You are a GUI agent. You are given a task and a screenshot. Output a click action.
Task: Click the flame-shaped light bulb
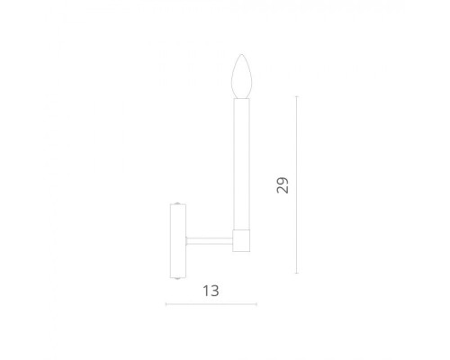point(241,76)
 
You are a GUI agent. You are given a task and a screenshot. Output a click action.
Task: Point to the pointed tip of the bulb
point(241,54)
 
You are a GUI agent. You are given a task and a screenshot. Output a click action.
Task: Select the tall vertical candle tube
point(242,164)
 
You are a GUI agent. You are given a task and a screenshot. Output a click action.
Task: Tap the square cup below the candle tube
point(241,240)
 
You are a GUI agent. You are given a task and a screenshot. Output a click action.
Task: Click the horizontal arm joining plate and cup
point(210,240)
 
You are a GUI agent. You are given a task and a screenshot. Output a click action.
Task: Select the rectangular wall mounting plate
point(178,241)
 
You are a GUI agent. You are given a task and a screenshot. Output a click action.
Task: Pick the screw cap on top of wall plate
point(178,203)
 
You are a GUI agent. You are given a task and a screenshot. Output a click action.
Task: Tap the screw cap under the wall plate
point(178,279)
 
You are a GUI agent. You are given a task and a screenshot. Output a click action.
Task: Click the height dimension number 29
point(283,185)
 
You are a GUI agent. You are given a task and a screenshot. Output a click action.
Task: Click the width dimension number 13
point(211,291)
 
